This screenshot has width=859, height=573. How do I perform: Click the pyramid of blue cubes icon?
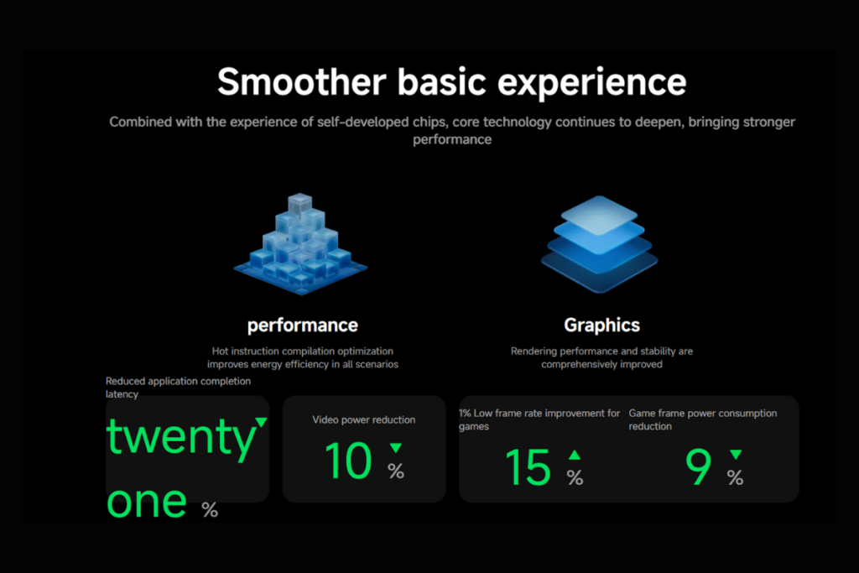pos(299,244)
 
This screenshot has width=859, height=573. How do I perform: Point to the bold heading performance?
pos(302,326)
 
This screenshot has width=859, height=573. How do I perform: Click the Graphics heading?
pos(601,326)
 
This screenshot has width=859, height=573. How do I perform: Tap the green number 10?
pos(347,461)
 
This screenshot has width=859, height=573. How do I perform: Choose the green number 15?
pos(528,467)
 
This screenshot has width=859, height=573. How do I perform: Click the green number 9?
pos(698,467)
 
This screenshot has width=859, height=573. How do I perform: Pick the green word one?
pos(147,500)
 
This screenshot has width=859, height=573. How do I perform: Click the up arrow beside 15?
pos(574,455)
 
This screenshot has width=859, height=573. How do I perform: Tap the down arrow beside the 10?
pos(396,448)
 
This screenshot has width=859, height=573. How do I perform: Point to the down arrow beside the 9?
pos(736,455)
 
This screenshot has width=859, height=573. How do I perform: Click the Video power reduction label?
pos(363,419)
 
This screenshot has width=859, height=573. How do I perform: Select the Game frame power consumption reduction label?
pos(702,419)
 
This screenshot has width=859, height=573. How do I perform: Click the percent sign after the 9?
pos(735,477)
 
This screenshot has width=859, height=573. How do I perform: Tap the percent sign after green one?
pos(210,508)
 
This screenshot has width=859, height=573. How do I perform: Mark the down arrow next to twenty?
pos(261,422)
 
